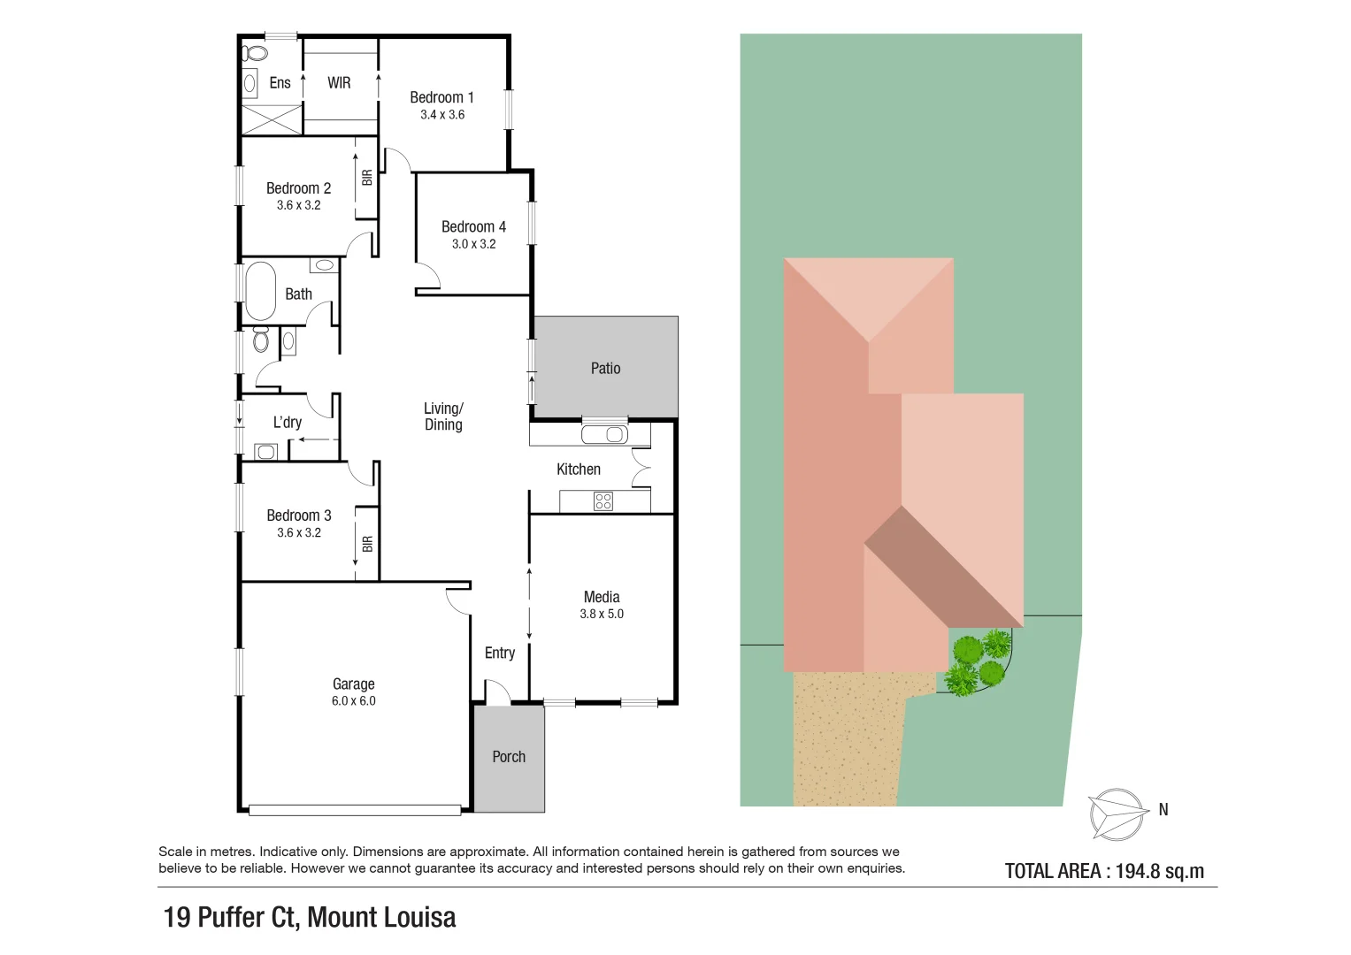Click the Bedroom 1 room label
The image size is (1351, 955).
tap(441, 97)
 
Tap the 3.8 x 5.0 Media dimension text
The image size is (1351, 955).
tap(602, 614)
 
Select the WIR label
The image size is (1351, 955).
tap(339, 83)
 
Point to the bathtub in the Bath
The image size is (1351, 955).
tap(260, 290)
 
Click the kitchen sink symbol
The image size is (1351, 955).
tap(604, 434)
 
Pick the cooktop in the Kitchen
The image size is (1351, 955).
tap(603, 501)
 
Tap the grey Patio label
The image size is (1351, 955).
tap(606, 368)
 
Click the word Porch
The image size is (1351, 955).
tap(509, 757)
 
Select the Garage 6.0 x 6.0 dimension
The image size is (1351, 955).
tap(354, 701)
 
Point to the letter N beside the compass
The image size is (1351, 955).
tap(1163, 809)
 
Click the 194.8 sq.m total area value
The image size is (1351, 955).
tap(1159, 871)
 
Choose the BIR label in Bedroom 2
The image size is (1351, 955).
tap(367, 178)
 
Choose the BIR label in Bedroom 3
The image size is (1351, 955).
tap(367, 543)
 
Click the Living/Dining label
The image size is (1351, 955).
tap(443, 416)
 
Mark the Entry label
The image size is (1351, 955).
tap(500, 653)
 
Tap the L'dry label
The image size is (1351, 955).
tap(288, 423)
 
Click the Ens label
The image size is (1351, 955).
tap(280, 83)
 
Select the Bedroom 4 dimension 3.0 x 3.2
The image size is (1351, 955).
tap(474, 244)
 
